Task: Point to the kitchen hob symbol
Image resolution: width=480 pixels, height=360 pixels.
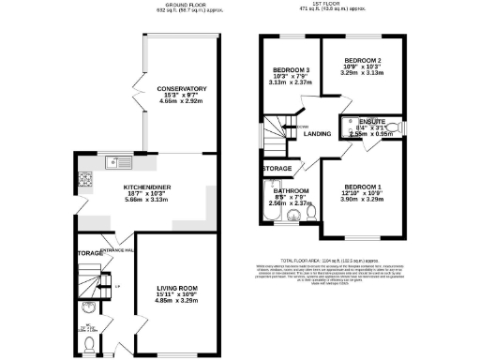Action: pyautogui.click(x=85, y=178)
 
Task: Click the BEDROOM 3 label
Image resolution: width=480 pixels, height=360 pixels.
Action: pyautogui.click(x=291, y=70)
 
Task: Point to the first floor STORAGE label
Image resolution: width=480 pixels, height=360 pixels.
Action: pyautogui.click(x=278, y=169)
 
